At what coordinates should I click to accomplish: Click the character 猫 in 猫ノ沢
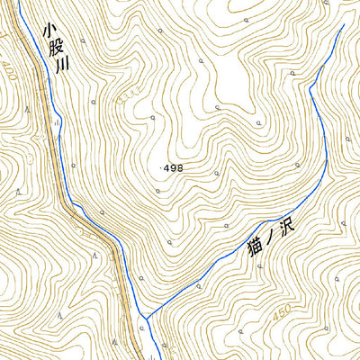pyautogui.click(x=253, y=246)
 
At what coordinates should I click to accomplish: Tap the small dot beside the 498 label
pyautogui.click(x=163, y=168)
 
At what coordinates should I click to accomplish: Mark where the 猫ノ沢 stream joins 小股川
pyautogui.click(x=145, y=319)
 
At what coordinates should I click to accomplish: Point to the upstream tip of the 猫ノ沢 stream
pyautogui.click(x=343, y=24)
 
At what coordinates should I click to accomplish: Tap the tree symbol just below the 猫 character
pyautogui.click(x=255, y=268)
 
